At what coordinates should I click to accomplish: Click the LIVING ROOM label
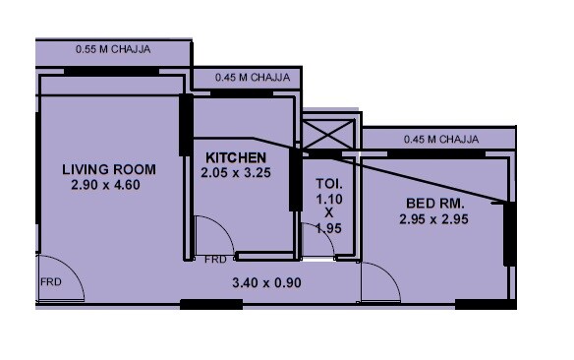[107, 169]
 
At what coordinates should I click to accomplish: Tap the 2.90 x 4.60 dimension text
[107, 184]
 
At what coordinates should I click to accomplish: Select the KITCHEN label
[235, 157]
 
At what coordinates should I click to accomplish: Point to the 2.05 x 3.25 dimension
[235, 172]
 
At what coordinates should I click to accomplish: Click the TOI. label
[327, 183]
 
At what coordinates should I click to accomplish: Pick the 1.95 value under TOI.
[327, 227]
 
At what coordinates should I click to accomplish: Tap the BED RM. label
[433, 204]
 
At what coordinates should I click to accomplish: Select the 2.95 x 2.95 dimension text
[433, 219]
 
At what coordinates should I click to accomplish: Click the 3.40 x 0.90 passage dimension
[265, 283]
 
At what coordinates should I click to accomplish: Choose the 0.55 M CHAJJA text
[113, 46]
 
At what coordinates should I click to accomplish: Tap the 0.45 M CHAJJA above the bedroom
[441, 139]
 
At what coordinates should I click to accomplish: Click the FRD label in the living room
[51, 280]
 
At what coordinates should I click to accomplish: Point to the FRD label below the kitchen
[215, 260]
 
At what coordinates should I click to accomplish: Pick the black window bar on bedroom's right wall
[509, 233]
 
